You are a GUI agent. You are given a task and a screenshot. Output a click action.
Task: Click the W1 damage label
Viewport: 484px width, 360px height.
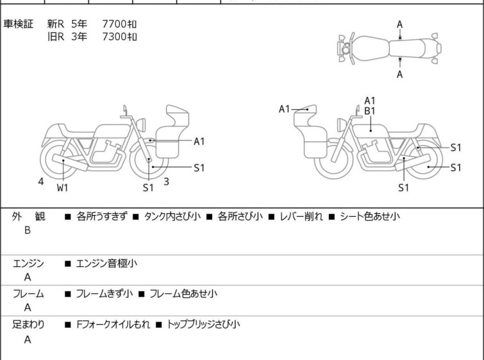[62, 188]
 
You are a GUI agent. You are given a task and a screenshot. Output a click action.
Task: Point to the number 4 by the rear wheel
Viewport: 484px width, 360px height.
[41, 182]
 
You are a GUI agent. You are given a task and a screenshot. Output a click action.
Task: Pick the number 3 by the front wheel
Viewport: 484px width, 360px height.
[166, 182]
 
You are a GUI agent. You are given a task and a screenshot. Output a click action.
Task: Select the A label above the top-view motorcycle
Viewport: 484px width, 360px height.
[399, 24]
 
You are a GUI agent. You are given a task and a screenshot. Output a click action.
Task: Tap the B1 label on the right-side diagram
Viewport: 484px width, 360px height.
[370, 111]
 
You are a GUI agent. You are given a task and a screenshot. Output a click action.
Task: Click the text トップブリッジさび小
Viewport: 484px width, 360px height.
[203, 325]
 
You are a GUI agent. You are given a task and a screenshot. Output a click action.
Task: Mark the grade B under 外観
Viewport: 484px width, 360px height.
[28, 230]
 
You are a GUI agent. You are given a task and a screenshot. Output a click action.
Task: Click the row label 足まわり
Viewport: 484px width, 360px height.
[29, 325]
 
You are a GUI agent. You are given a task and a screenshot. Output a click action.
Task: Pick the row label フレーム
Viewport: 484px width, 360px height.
[29, 294]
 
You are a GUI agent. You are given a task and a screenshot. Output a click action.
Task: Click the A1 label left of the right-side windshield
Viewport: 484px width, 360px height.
[285, 109]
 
